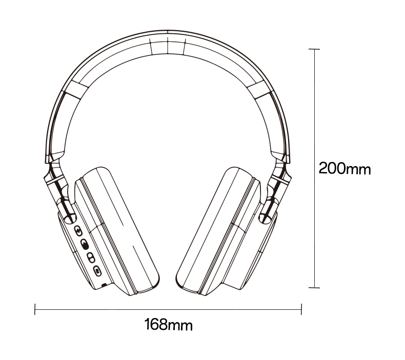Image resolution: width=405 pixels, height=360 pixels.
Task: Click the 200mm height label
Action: tap(345, 168)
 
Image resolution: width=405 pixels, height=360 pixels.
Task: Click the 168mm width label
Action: tap(168, 324)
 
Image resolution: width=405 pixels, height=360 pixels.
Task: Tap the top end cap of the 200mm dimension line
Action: tap(314, 49)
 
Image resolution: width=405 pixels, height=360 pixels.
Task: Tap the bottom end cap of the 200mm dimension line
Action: tap(314, 287)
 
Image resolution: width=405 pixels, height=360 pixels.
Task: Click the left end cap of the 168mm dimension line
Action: tap(35, 309)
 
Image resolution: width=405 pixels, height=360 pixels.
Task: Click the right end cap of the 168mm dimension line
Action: tap(301, 309)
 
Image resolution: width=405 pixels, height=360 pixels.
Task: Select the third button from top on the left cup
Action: tap(91, 258)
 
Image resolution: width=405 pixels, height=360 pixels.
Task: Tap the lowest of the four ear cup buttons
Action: tap(97, 271)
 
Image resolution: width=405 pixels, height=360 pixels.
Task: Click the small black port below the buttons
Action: tap(105, 285)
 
